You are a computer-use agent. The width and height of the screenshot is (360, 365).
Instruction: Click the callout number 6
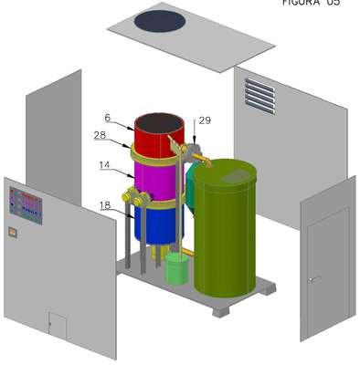[x=107, y=118]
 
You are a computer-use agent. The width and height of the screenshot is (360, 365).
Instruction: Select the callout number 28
[x=100, y=135]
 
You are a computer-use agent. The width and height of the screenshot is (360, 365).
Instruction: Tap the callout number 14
[x=104, y=165]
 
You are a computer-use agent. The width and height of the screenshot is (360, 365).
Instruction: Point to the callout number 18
[x=105, y=205]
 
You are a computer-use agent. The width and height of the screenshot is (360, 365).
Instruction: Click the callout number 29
[x=205, y=120]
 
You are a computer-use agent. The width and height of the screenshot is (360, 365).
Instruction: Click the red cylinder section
[x=159, y=135]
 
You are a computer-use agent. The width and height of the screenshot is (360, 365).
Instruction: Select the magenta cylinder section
[x=158, y=181]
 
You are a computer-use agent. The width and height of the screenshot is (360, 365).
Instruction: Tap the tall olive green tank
[x=226, y=228]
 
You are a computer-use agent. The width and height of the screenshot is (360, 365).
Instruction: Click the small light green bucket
[x=176, y=269]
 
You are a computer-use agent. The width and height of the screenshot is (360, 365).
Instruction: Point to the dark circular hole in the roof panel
[x=160, y=21]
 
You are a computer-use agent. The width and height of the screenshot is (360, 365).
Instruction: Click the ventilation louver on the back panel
[x=260, y=96]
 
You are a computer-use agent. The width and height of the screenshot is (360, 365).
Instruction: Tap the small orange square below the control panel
[x=13, y=233]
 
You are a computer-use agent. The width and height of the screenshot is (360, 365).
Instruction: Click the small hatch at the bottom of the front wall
[x=58, y=325]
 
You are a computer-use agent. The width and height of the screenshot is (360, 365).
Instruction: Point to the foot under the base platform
[x=220, y=312]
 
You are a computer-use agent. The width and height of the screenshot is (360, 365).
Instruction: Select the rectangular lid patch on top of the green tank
[x=236, y=176]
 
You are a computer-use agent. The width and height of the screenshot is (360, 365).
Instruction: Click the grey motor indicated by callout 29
[x=193, y=150]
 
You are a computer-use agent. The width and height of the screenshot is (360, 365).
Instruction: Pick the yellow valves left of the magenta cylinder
[x=134, y=197]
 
